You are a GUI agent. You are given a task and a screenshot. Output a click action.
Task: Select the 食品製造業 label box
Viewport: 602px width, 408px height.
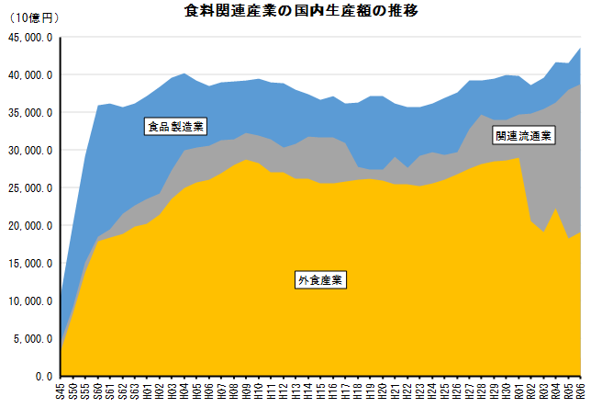click(x=174, y=127)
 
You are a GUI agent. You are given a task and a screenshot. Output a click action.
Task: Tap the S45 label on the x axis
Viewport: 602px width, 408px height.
click(x=61, y=390)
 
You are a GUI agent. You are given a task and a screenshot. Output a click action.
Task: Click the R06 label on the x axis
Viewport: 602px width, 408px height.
click(x=581, y=390)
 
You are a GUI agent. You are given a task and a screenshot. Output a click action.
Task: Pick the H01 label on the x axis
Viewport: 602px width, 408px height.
click(x=147, y=390)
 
